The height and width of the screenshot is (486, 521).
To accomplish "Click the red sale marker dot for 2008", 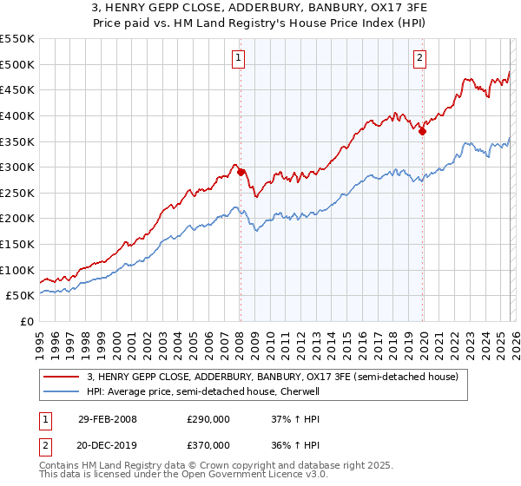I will coord(241,172).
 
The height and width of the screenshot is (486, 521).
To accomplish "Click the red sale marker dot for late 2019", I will coord(422,131).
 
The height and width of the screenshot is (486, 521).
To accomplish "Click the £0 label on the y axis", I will coord(26,322).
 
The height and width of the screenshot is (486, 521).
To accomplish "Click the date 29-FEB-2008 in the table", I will coord(108,419).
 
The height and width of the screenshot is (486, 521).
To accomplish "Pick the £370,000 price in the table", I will coord(208,445).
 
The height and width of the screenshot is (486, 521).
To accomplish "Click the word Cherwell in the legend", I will coord(300,391).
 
